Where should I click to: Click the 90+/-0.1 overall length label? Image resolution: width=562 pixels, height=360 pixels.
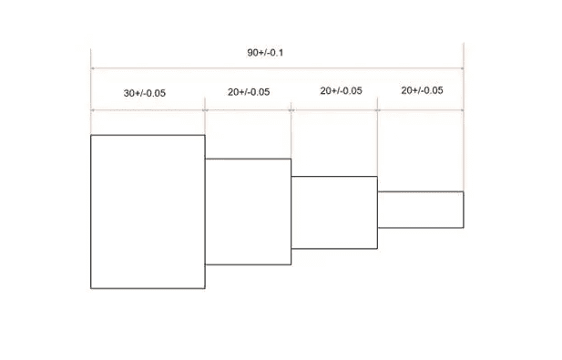265,53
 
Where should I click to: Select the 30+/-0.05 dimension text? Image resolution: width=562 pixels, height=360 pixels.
145,93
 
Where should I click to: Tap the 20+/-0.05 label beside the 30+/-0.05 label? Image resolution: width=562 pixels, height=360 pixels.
249,92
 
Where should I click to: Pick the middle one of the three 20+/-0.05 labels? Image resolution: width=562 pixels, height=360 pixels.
342,91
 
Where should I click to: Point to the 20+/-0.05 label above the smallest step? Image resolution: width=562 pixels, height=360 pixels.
423,90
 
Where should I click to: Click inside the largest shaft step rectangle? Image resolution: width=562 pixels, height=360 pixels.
148,211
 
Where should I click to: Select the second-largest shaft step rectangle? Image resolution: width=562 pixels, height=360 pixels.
248,211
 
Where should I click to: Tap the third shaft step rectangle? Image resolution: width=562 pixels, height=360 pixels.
334,212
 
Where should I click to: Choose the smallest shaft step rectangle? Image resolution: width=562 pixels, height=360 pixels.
421,210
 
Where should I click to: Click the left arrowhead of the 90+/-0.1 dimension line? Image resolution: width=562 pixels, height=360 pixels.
93,68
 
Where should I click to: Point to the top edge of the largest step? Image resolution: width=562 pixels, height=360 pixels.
148,135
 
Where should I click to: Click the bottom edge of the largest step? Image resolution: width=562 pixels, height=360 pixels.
148,288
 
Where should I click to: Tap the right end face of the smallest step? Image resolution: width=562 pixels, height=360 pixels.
464,210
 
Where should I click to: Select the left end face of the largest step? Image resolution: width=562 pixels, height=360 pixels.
91,211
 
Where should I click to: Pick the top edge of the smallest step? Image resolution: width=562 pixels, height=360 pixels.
421,191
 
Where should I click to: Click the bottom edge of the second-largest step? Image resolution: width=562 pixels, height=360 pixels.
248,264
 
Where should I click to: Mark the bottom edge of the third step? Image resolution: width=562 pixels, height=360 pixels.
334,249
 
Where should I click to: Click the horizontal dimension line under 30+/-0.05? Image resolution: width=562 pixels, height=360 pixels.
148,110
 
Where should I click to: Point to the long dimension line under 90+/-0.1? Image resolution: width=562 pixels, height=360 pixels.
277,68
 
